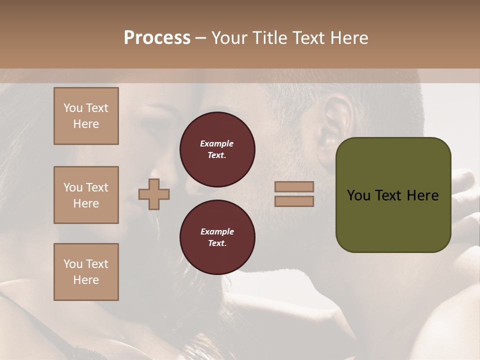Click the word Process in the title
(157, 38)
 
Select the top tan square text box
(86, 116)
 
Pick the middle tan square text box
(86, 195)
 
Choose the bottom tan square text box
(86, 272)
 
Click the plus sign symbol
(154, 194)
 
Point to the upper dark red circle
(217, 149)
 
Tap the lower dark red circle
(217, 237)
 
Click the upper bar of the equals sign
(294, 186)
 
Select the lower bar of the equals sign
(294, 201)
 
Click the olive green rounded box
(393, 195)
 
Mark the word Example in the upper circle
(217, 143)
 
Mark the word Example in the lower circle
(217, 231)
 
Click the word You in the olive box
(358, 195)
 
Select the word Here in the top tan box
(86, 124)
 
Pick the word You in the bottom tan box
(73, 264)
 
